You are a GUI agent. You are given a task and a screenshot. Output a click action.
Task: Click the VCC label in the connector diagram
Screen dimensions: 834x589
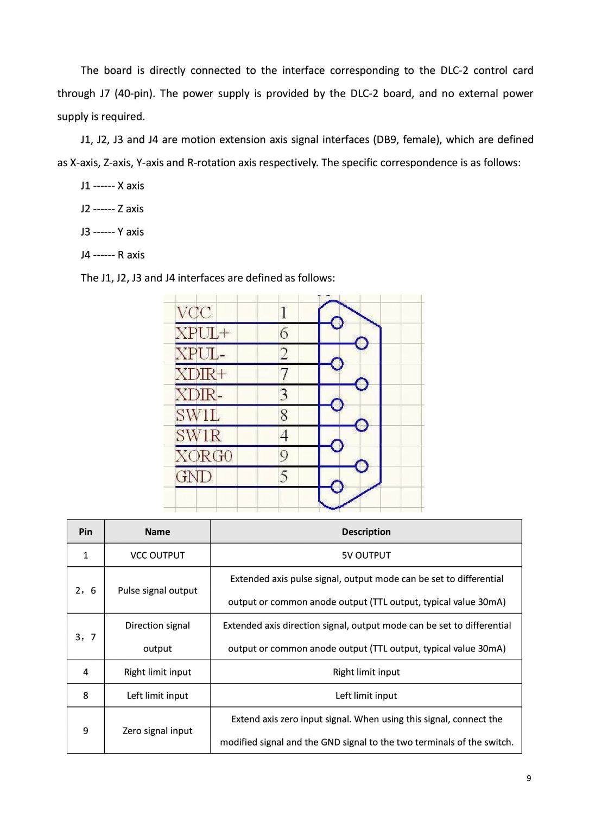[x=194, y=313]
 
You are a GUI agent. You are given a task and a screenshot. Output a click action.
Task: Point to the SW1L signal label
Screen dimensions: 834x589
[x=198, y=415]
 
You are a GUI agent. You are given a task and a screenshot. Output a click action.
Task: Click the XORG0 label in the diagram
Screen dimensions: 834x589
[x=204, y=456]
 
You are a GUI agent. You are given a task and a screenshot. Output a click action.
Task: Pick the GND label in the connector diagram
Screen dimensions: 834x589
[x=194, y=477]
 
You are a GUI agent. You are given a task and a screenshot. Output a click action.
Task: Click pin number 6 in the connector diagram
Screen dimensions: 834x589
[x=283, y=333]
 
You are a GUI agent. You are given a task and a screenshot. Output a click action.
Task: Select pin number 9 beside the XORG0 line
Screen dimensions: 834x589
[x=283, y=456]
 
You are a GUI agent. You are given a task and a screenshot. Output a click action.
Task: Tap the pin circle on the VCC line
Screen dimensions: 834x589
[x=337, y=323]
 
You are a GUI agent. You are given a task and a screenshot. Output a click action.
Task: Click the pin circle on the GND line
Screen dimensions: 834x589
[x=337, y=486]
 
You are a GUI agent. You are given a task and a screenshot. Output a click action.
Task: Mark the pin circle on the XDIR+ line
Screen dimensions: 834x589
[x=362, y=384]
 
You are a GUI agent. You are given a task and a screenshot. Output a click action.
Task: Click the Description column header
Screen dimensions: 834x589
[x=366, y=532]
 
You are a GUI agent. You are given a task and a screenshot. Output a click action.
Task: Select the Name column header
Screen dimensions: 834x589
[x=157, y=532]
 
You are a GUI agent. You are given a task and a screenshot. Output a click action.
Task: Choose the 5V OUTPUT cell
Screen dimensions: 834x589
[x=366, y=555]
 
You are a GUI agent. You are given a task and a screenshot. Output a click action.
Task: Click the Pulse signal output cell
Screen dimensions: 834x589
[x=157, y=591]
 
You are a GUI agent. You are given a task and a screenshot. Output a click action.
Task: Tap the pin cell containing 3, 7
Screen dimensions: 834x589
[x=86, y=637]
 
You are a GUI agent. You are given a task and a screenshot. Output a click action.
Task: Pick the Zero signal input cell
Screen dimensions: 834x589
[x=157, y=731]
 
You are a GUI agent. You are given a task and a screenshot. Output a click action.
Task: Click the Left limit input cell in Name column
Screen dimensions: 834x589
[x=157, y=696]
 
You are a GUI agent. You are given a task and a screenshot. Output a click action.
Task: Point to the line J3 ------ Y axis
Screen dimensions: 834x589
[x=112, y=232]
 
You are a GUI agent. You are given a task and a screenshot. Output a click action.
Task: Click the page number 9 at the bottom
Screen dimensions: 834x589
[x=529, y=779]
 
